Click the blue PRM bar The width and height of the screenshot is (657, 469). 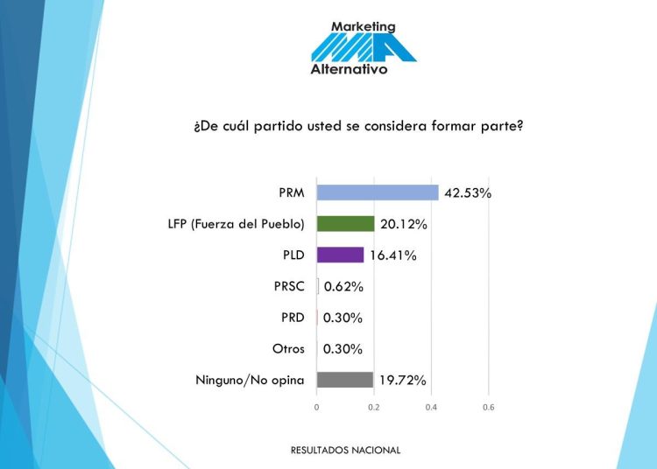click(x=377, y=192)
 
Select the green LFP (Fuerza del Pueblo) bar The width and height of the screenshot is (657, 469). click(x=345, y=224)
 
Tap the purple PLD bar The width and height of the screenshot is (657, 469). click(x=340, y=255)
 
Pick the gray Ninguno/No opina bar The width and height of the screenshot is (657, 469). click(x=344, y=380)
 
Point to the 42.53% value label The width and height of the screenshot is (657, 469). click(x=468, y=192)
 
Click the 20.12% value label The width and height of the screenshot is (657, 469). click(x=404, y=224)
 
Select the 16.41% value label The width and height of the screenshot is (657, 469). click(x=392, y=255)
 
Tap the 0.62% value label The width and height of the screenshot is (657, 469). click(x=343, y=286)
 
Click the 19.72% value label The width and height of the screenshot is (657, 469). click(x=403, y=380)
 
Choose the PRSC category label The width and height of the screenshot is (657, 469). click(x=289, y=286)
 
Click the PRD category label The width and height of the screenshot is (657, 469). click(x=291, y=317)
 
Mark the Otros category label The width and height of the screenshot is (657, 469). click(x=288, y=348)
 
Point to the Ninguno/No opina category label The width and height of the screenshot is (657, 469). click(x=250, y=380)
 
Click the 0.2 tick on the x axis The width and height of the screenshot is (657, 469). click(x=374, y=407)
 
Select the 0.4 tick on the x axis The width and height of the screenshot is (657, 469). click(x=431, y=407)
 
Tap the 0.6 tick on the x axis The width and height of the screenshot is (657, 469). click(x=489, y=407)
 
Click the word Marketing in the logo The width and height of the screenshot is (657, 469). click(x=364, y=27)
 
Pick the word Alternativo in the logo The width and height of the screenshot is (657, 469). click(x=349, y=69)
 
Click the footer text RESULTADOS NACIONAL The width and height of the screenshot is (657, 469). click(x=345, y=450)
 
